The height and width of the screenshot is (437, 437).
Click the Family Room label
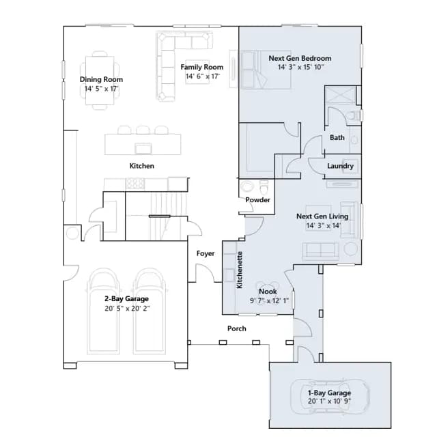[x=202, y=67]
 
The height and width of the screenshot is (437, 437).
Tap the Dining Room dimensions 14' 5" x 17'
[x=102, y=89]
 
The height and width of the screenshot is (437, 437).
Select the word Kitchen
[x=142, y=166]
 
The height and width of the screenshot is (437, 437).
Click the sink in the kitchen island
[x=143, y=148]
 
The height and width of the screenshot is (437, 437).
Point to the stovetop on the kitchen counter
[x=135, y=184]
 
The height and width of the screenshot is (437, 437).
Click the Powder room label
[x=258, y=200]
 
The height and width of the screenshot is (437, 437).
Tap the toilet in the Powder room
[x=264, y=186]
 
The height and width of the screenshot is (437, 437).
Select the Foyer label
[x=206, y=253]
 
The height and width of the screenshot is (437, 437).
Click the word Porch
[x=237, y=328]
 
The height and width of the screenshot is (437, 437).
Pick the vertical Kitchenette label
[x=240, y=270]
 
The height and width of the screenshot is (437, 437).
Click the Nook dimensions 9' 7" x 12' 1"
[x=269, y=300]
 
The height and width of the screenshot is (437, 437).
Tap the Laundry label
[x=340, y=166]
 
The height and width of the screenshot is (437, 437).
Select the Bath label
[x=337, y=137]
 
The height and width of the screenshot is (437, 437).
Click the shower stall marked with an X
[x=340, y=95]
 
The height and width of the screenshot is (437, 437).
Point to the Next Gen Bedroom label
[x=300, y=58]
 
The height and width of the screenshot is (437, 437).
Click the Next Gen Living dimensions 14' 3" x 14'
[x=324, y=225]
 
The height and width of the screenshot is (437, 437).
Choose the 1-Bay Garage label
[x=329, y=393]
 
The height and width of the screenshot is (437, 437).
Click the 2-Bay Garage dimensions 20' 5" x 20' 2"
[x=128, y=309]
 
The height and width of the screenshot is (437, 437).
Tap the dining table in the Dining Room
[x=100, y=81]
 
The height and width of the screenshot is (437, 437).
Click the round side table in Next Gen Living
[x=350, y=249]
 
